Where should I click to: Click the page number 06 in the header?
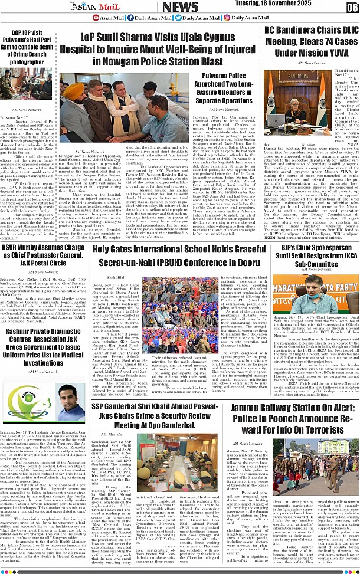pyautogui.click(x=352, y=7)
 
